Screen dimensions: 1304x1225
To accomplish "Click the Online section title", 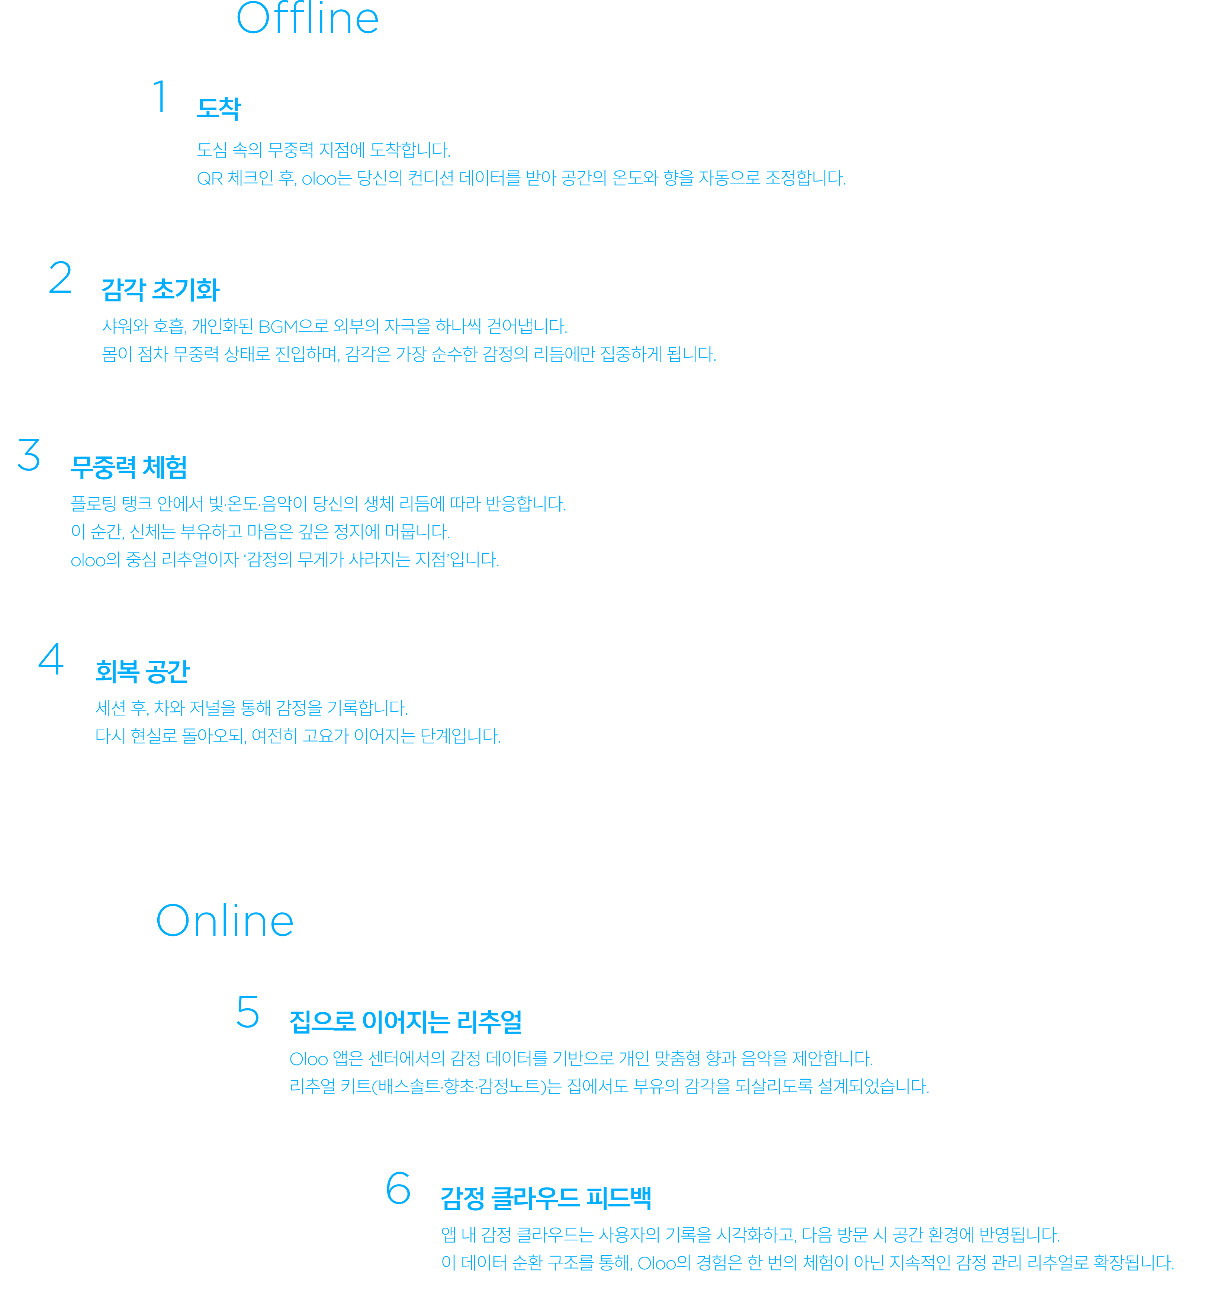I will click(224, 920).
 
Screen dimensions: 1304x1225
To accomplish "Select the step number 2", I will click(60, 278).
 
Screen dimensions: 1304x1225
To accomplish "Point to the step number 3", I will click(29, 455).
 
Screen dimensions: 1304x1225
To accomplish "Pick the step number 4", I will click(51, 659).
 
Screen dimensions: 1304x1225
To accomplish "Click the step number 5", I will click(248, 1012).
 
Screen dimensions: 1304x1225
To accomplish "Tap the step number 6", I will click(398, 1188).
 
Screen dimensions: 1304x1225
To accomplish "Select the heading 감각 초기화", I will click(161, 290).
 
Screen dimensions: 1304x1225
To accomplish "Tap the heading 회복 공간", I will click(142, 671).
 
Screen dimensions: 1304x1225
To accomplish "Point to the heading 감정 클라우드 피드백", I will click(546, 1198).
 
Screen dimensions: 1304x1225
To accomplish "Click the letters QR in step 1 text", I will click(210, 179).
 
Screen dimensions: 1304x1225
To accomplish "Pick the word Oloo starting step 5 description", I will click(308, 1059).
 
